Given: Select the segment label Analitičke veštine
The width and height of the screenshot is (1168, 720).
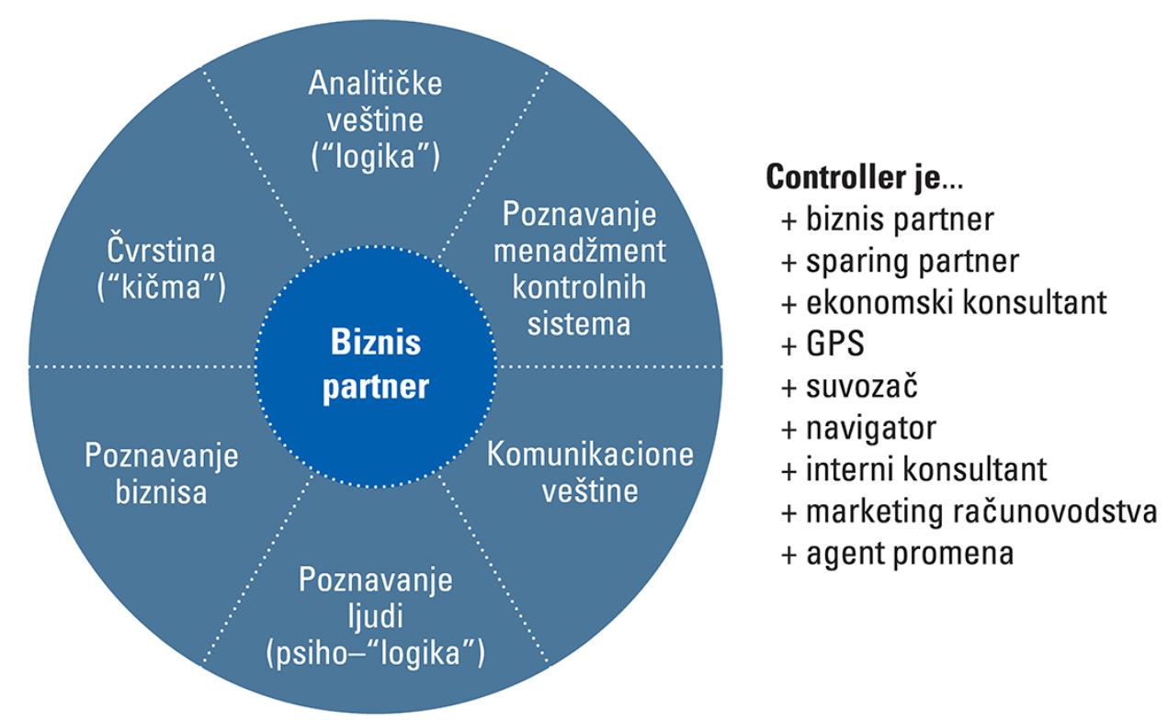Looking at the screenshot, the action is [374, 120].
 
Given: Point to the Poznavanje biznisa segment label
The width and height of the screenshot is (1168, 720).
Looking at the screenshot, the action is [162, 474].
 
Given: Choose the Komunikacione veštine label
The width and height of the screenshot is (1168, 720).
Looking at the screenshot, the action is [589, 472].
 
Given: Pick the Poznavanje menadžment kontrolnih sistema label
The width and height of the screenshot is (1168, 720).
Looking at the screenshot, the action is [580, 270].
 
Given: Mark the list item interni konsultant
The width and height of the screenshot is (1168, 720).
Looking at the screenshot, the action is [925, 470].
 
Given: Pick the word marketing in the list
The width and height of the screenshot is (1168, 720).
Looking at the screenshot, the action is [873, 512].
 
